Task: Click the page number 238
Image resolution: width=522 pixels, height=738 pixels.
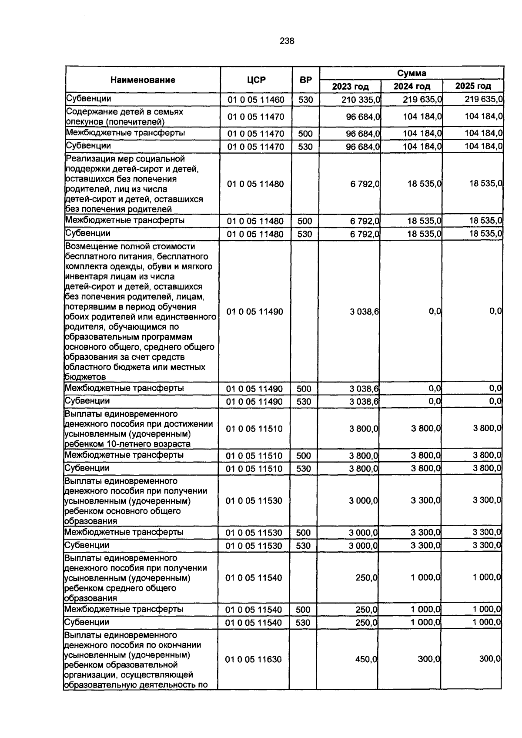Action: (x=287, y=41)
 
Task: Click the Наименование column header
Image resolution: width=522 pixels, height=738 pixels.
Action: (x=143, y=80)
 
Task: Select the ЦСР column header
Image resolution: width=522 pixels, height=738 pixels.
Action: (x=256, y=80)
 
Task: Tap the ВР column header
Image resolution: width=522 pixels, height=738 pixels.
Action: (x=306, y=80)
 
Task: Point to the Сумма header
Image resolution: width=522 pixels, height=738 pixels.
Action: (x=412, y=73)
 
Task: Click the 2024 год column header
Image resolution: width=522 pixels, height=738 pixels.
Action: (x=412, y=86)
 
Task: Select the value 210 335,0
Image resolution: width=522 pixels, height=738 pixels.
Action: (x=361, y=100)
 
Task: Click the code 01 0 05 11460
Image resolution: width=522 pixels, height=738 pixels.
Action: (x=256, y=100)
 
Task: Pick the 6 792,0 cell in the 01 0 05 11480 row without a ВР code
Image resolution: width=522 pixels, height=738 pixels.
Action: (x=365, y=184)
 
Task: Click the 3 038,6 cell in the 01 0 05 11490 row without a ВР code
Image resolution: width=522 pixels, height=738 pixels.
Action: (x=364, y=312)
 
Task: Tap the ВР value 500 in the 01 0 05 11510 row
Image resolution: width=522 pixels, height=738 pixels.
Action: (x=304, y=456)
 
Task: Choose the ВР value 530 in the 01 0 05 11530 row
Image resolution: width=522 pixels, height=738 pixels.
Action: (x=304, y=546)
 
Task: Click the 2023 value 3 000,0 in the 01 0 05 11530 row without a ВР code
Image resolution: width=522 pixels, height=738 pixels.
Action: (x=363, y=501)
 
